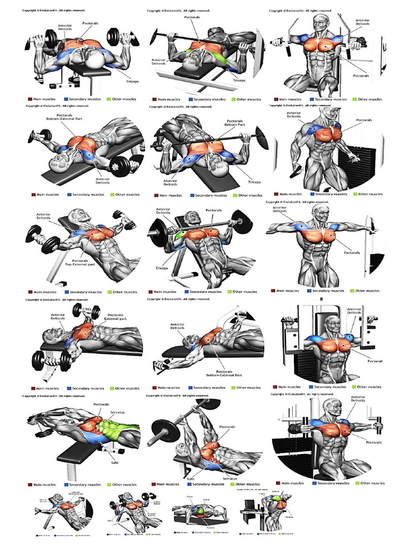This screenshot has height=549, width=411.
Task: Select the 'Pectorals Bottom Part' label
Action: (234, 123)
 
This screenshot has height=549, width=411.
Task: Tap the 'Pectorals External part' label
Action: (116, 317)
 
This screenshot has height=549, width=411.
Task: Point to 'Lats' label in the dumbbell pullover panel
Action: (114, 462)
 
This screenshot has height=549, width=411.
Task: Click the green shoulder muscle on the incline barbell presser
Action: (180, 234)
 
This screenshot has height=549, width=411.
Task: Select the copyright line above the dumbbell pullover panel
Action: (54, 396)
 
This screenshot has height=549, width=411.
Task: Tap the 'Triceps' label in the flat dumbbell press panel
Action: (132, 81)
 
